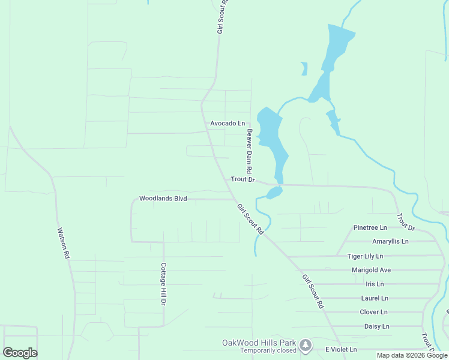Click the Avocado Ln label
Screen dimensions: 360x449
(228, 123)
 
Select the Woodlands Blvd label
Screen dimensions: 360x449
(163, 198)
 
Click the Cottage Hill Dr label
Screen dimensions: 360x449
(163, 284)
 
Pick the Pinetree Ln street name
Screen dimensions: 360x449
(370, 227)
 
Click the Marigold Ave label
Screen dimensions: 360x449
(371, 270)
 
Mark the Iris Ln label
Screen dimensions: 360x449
(374, 284)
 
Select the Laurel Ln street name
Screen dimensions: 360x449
(375, 298)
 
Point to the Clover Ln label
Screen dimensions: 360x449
(373, 312)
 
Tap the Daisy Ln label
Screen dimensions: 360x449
(377, 326)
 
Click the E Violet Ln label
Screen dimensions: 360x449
(341, 349)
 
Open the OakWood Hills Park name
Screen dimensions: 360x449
(260, 343)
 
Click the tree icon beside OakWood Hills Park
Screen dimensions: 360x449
(306, 344)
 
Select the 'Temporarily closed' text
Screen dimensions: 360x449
(268, 350)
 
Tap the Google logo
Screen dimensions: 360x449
(20, 353)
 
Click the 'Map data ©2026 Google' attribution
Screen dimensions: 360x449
(412, 355)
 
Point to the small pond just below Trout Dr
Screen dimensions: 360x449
(274, 193)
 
